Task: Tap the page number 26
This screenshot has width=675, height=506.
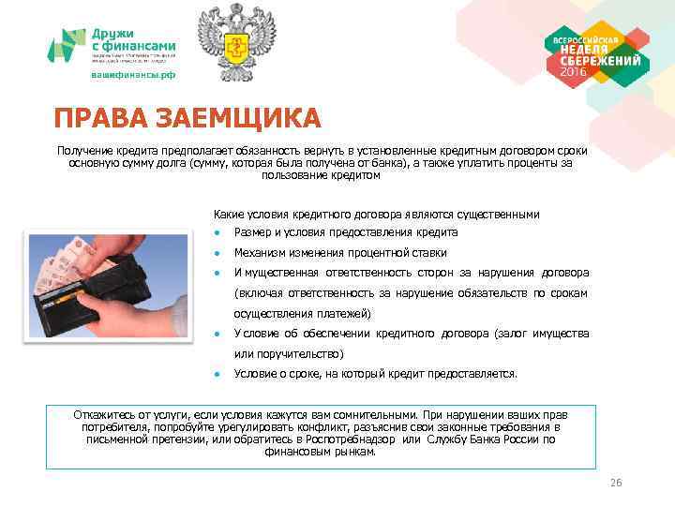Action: point(616,483)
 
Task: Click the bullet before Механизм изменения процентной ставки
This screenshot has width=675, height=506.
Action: point(217,253)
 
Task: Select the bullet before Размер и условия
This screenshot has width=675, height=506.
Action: point(217,232)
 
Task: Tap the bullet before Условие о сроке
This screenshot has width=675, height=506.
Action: point(217,373)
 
